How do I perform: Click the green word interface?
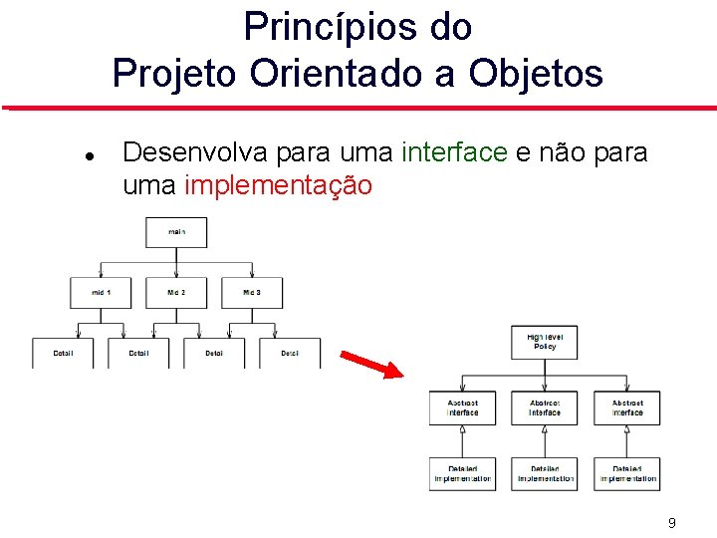click(x=454, y=152)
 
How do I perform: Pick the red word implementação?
click(x=279, y=185)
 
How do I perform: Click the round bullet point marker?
click(x=90, y=156)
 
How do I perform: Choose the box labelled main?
click(x=176, y=232)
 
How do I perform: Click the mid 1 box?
click(x=101, y=293)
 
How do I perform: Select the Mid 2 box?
click(x=176, y=293)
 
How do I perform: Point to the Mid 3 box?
click(x=252, y=293)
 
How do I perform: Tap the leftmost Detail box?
click(x=63, y=353)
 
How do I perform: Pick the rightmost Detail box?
click(x=290, y=353)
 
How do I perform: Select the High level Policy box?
click(x=544, y=342)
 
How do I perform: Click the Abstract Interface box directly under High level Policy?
click(x=544, y=407)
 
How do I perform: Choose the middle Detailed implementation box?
click(x=544, y=473)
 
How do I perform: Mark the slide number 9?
click(x=672, y=523)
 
